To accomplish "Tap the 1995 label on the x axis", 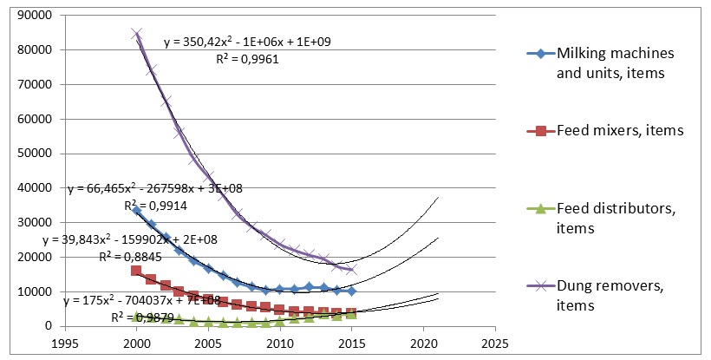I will [x=65, y=343].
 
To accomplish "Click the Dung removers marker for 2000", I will [x=136, y=34].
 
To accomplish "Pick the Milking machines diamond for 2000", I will [x=136, y=210].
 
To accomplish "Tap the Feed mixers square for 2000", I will [x=136, y=271].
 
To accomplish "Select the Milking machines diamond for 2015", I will [x=351, y=291].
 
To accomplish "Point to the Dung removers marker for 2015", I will [x=351, y=270].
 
